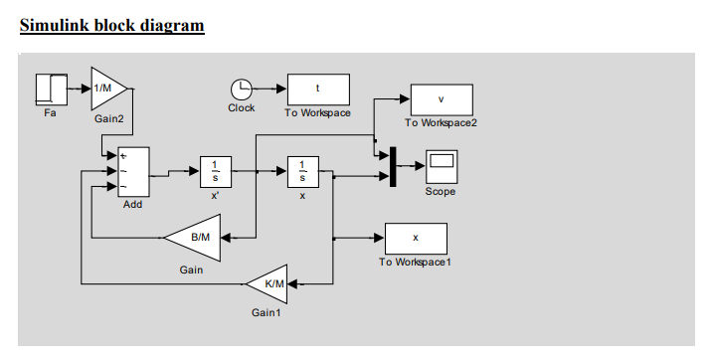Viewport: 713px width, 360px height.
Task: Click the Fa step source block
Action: pos(50,89)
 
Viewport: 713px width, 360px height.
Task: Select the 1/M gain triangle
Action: pos(106,89)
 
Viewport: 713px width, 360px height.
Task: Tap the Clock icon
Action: pos(242,90)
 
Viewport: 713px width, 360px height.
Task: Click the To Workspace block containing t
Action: pos(318,89)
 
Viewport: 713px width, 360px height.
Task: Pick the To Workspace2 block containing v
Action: pos(441,99)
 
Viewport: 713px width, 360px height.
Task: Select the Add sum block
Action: pos(133,173)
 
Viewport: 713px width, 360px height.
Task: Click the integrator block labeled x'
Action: pos(215,171)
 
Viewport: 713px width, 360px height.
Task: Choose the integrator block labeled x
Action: pos(302,171)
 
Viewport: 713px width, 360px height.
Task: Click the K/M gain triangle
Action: pos(269,283)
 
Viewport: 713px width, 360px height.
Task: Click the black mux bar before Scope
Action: pos(394,166)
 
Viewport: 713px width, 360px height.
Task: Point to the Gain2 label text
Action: pos(109,118)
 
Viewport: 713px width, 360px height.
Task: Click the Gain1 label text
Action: pos(267,313)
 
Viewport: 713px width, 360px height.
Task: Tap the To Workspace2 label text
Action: pos(441,123)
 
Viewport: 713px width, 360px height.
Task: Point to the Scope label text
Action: pos(440,191)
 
